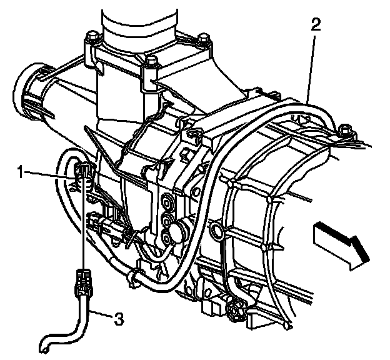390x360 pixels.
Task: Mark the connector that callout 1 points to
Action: pyautogui.click(x=82, y=175)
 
